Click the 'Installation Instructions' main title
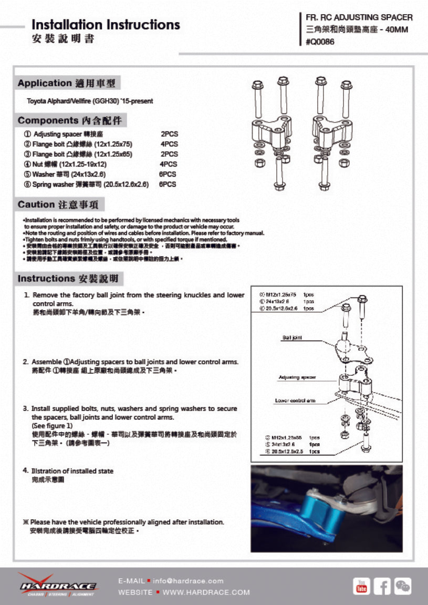(106, 25)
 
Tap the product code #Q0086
(320, 43)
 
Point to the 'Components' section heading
(71, 120)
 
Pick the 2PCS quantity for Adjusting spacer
(169, 134)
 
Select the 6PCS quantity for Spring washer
(168, 184)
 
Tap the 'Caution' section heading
(61, 204)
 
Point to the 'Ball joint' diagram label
(291, 337)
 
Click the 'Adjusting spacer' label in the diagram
(297, 377)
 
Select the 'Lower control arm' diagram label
(295, 401)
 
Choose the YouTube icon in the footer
(361, 585)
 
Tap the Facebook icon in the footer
(382, 585)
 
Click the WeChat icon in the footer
(403, 585)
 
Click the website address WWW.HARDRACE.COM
(206, 592)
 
